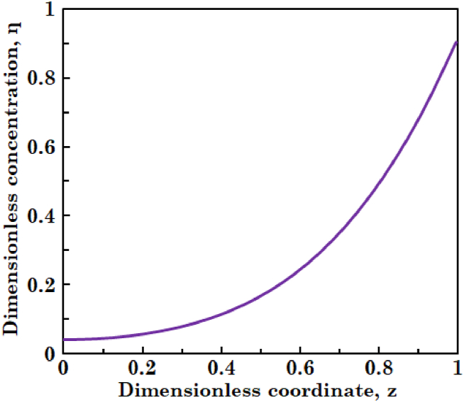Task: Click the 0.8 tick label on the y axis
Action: click(x=43, y=78)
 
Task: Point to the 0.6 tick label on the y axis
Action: click(x=43, y=147)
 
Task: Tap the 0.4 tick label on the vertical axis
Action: click(x=43, y=216)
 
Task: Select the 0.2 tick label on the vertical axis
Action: click(x=43, y=284)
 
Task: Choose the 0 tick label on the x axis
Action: click(x=63, y=369)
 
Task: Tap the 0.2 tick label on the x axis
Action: click(x=142, y=369)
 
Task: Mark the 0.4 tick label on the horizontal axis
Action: click(x=221, y=369)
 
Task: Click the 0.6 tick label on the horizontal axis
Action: click(x=299, y=369)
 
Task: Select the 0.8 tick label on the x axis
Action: click(x=378, y=369)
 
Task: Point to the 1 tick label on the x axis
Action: click(x=456, y=369)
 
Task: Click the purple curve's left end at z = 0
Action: click(x=64, y=340)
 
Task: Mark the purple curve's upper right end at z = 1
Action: click(x=455, y=41)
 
